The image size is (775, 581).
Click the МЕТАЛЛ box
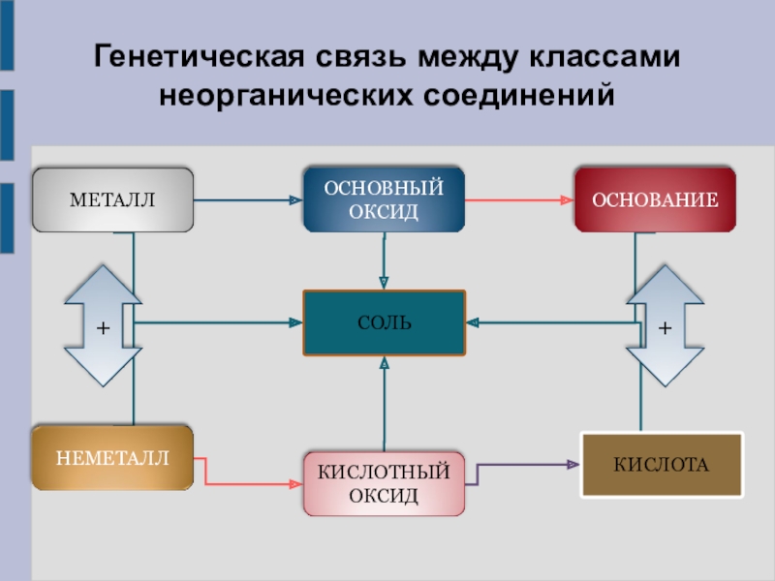coord(112,200)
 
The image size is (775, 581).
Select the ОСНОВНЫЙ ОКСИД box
coord(384,199)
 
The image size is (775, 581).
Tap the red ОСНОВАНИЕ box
coord(655,199)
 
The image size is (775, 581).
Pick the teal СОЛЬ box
coord(385,322)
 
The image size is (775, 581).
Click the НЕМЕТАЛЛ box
coord(112,456)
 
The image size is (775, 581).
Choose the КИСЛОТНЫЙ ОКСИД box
coord(384,483)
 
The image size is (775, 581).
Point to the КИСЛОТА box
coord(661,465)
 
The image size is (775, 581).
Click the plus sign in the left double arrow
coord(103,329)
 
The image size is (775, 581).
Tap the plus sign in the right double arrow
coord(665,329)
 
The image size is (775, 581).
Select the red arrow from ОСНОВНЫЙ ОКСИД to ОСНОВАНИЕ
coord(519,200)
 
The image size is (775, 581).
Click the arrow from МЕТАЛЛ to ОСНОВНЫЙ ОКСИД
coord(247,200)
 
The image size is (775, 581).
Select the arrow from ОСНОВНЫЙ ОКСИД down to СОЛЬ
coord(385,261)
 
